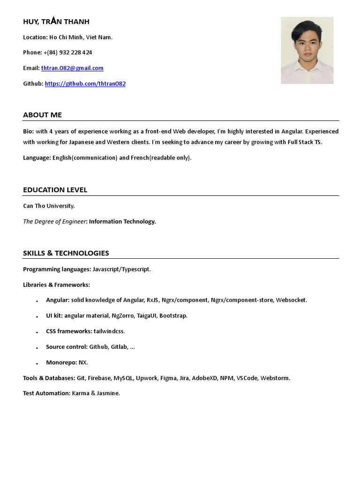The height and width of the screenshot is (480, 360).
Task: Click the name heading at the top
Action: pyautogui.click(x=56, y=22)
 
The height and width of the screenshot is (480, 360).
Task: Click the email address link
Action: pyautogui.click(x=72, y=68)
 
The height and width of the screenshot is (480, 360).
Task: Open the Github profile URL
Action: pyautogui.click(x=85, y=84)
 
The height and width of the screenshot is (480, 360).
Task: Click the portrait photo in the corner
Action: pyautogui.click(x=307, y=50)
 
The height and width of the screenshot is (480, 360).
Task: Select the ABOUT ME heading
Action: pyautogui.click(x=42, y=115)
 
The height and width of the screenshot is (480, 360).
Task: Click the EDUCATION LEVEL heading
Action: pyautogui.click(x=55, y=190)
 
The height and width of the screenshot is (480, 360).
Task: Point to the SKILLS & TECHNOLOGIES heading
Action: pyautogui.click(x=66, y=253)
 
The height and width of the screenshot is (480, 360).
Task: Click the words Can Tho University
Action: pyautogui.click(x=49, y=206)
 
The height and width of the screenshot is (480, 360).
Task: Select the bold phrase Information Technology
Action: pyautogui.click(x=122, y=222)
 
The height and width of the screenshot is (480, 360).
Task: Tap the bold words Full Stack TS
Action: pyautogui.click(x=305, y=142)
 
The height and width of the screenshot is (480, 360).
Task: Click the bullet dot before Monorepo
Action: pyautogui.click(x=37, y=363)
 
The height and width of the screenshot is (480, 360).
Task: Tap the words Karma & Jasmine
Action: pyautogui.click(x=96, y=393)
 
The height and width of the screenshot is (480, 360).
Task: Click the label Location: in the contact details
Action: pyautogui.click(x=35, y=37)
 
